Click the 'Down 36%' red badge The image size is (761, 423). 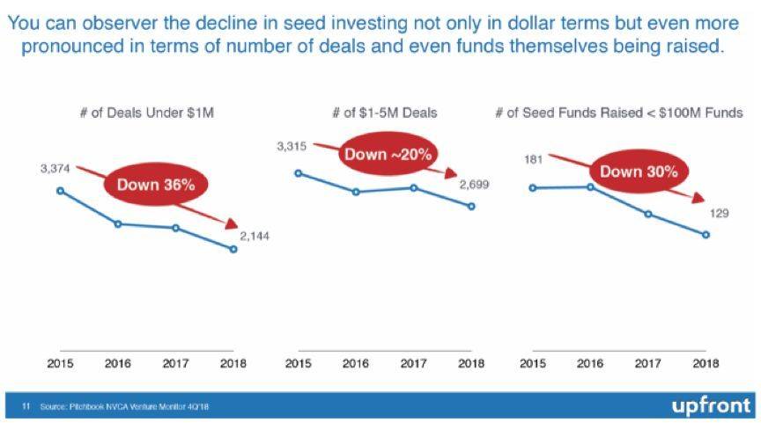click(156, 185)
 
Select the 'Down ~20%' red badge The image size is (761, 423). click(388, 155)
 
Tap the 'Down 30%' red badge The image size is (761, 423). click(639, 172)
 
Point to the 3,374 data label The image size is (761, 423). click(55, 168)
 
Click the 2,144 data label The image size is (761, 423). click(255, 237)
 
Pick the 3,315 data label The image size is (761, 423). click(291, 147)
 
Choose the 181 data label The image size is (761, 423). click(533, 160)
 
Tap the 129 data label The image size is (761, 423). click(719, 213)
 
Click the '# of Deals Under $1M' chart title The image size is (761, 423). click(145, 113)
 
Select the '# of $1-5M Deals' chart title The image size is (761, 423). click(384, 113)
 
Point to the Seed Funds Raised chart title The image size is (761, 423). click(618, 113)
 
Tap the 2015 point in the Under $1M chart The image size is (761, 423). click(60, 190)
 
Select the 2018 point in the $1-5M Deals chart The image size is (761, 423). click(472, 207)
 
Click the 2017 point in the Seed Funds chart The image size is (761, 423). click(648, 214)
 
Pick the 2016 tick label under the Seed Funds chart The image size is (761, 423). click(590, 363)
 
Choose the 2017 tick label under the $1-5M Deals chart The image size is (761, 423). click(413, 363)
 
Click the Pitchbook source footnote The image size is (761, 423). click(123, 406)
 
